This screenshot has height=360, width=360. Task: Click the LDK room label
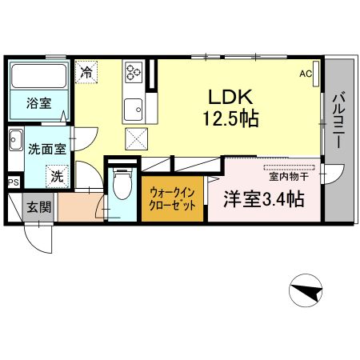tap(230, 97)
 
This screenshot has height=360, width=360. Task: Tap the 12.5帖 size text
tap(231, 118)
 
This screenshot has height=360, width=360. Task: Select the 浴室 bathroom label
tap(39, 103)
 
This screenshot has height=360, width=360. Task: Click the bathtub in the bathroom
tap(39, 76)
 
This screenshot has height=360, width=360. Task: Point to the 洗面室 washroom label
tap(47, 149)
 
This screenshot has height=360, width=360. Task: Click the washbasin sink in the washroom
tap(16, 140)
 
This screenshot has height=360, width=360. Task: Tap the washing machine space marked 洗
tap(57, 176)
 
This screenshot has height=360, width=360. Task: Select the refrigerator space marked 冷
tap(86, 72)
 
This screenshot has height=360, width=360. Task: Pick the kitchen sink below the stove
tap(134, 110)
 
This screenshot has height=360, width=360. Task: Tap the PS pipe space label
tap(14, 182)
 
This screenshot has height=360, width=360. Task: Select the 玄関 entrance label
tap(39, 207)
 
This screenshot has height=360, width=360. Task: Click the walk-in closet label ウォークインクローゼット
tap(172, 199)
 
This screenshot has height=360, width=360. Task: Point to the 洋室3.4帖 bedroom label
tap(264, 199)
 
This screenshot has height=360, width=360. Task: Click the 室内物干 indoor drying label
tap(289, 177)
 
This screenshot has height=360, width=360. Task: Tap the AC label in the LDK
tap(306, 74)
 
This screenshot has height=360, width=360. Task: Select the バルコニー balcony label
tap(338, 120)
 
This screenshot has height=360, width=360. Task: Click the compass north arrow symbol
tap(306, 290)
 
